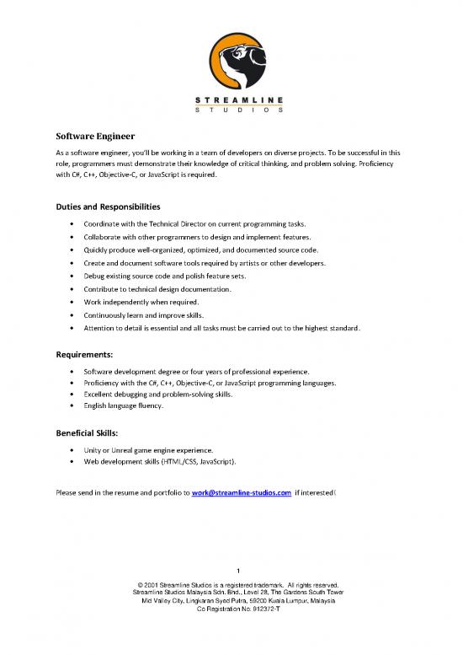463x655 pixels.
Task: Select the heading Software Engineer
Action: coord(90,135)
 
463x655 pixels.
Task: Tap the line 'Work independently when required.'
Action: coord(141,302)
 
